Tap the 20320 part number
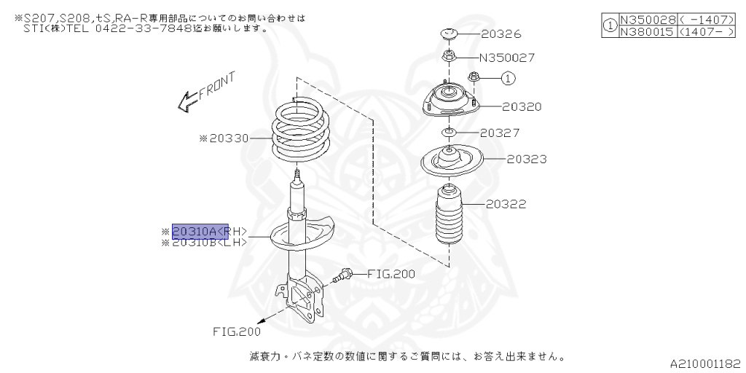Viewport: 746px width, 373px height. (x=522, y=106)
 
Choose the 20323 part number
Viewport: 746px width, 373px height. (x=527, y=159)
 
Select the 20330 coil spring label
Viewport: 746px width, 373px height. (x=228, y=138)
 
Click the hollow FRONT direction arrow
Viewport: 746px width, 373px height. (x=188, y=100)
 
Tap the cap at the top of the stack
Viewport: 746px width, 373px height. (x=448, y=34)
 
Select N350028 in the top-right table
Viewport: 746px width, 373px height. (x=646, y=20)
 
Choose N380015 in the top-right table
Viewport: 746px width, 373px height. (x=646, y=32)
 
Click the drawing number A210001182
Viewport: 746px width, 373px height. (x=705, y=361)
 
